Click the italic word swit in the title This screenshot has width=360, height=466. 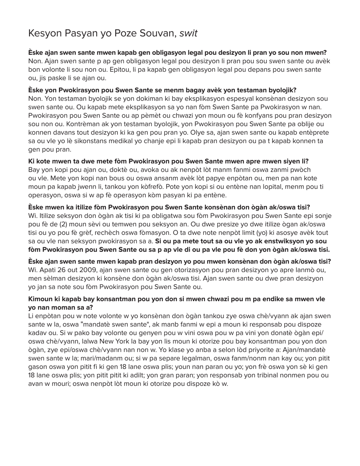click(x=188, y=33)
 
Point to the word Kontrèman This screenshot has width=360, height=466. click(x=45, y=124)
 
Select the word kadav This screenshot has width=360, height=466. click(x=37, y=333)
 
